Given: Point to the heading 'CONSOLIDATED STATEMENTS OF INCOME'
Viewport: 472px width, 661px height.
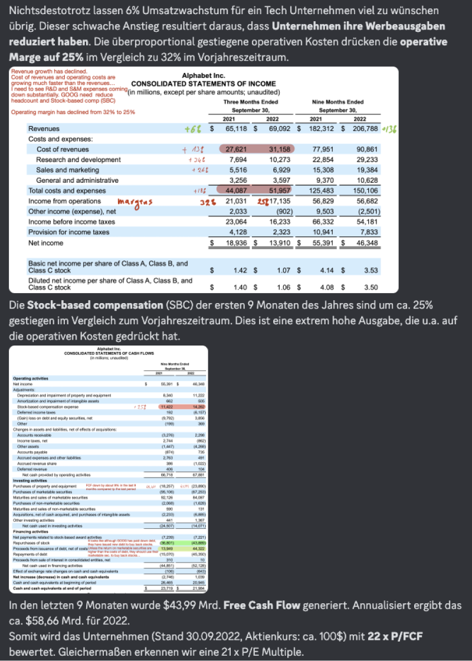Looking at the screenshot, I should coord(204,84).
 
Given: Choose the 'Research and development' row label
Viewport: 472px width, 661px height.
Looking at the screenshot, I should coord(78,160).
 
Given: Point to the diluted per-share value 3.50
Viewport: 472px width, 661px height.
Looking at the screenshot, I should coord(371,288).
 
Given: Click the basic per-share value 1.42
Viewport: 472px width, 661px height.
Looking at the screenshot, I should coord(240,269).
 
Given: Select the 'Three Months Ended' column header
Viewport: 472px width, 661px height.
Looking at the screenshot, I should coord(251,101).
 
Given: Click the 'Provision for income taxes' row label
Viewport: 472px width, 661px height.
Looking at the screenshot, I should coord(69,232).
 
